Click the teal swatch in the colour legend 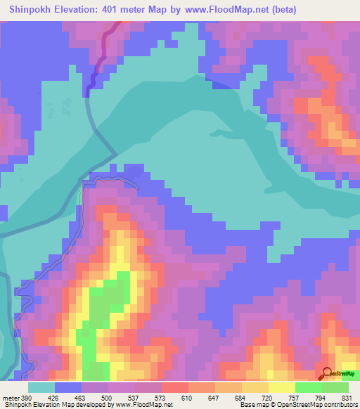[x=41, y=388]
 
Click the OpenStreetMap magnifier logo [x=327, y=374]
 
